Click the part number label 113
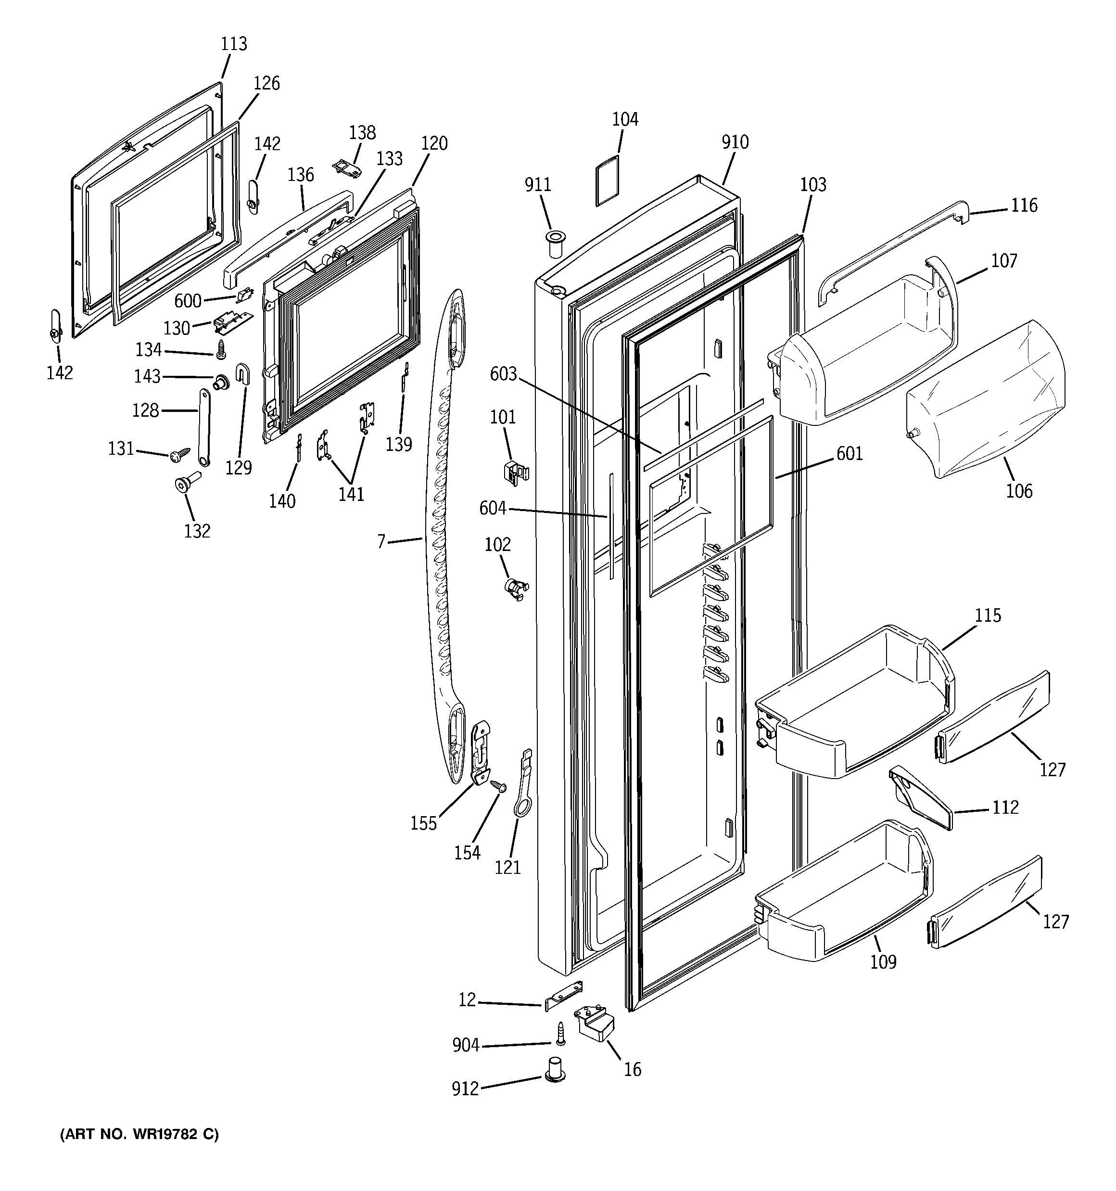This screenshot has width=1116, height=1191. (x=234, y=44)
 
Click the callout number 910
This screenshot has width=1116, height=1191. (x=735, y=142)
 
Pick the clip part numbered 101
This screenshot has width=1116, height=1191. (x=514, y=472)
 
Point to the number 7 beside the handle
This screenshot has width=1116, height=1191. (x=381, y=541)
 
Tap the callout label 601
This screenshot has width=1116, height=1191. (x=850, y=453)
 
